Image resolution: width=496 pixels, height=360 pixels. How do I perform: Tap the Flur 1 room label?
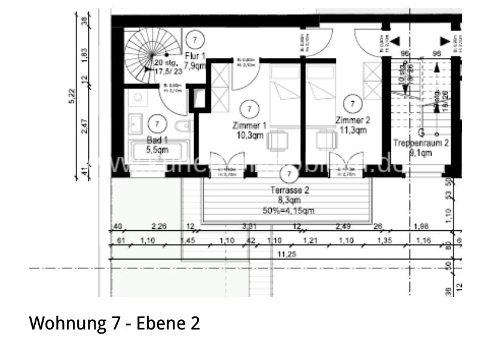point(195,55)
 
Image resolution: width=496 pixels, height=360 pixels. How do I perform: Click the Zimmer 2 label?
point(353,120)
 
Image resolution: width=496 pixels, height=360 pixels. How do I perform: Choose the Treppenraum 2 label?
point(421,143)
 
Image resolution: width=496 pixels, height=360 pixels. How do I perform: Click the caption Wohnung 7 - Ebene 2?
point(115,324)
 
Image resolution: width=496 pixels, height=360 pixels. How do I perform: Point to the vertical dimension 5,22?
point(72,96)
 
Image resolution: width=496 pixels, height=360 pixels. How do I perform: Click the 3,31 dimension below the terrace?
point(249,226)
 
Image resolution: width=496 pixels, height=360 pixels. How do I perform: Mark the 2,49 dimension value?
point(344,226)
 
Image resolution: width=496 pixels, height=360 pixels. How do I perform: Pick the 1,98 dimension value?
point(421,226)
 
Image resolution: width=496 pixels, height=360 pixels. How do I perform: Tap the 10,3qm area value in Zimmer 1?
point(249,136)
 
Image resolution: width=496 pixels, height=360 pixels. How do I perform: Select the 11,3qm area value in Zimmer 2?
point(353,130)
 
